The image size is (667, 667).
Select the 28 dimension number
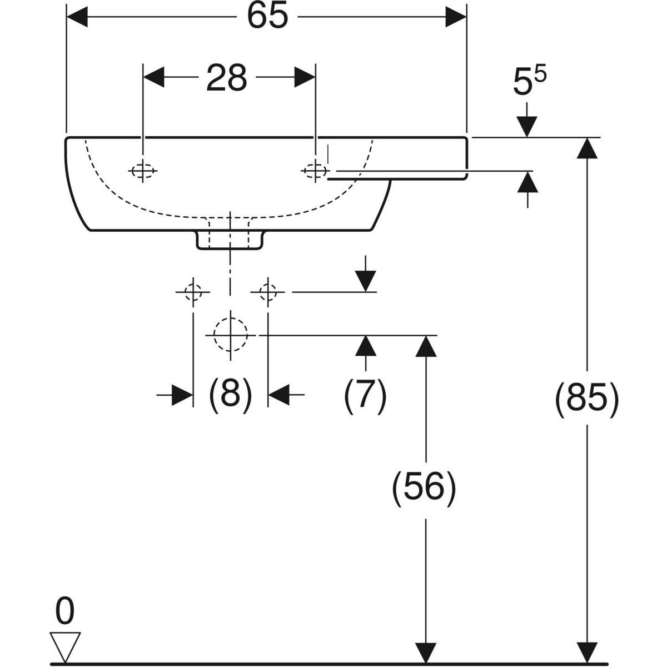[227, 78]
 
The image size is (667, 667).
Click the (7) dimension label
[365, 396]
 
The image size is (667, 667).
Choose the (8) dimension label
[230, 395]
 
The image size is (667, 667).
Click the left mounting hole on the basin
[143, 171]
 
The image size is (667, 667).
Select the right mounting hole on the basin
[315, 170]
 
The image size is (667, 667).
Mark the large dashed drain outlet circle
[230, 335]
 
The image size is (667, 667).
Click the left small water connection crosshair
[192, 291]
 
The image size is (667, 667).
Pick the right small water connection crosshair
[268, 291]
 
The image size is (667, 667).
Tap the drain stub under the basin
[229, 240]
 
